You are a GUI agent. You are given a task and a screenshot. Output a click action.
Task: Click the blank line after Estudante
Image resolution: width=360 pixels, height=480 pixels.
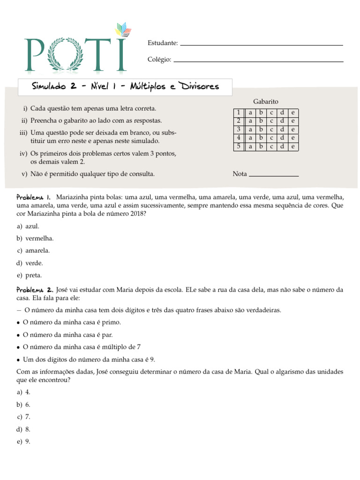click(x=262, y=45)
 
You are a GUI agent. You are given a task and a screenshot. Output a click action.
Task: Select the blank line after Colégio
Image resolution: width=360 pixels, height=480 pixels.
click(x=258, y=61)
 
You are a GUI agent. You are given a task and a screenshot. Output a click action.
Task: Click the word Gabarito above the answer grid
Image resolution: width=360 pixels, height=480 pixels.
click(x=266, y=101)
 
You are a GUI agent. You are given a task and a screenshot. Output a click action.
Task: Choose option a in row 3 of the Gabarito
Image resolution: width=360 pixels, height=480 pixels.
click(x=250, y=129)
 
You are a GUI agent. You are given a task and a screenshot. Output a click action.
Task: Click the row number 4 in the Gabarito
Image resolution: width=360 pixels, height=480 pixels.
click(x=239, y=138)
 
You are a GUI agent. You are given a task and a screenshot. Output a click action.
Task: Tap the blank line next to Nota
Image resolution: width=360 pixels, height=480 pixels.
click(x=273, y=175)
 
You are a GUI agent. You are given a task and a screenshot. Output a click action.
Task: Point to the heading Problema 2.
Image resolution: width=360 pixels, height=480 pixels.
click(x=35, y=290)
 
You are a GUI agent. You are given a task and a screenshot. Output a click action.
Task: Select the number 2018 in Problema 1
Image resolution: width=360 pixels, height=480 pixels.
click(x=137, y=213)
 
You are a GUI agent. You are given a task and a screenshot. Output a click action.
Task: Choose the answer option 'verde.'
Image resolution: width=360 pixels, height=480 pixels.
click(x=34, y=263)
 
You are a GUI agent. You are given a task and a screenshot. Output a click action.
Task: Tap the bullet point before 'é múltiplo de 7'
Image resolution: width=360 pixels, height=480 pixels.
click(x=18, y=347)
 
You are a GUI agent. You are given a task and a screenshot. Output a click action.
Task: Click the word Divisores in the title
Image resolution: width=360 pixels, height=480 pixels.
click(x=199, y=87)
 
